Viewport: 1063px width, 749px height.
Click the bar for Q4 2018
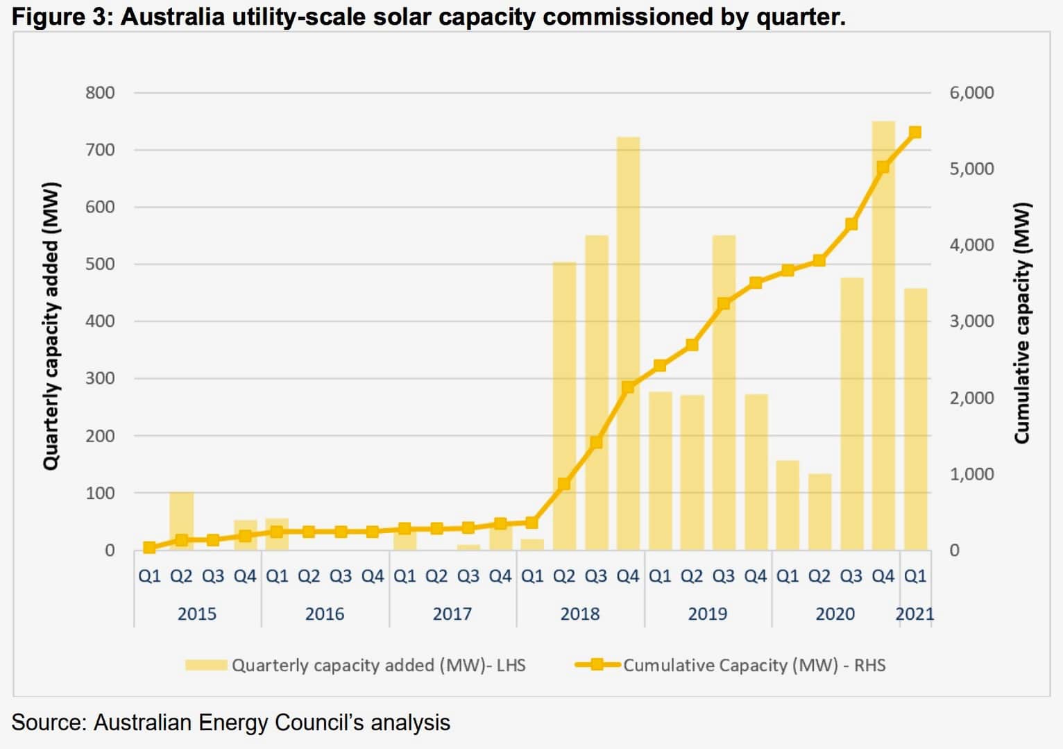(628, 344)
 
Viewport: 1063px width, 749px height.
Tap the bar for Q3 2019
(724, 393)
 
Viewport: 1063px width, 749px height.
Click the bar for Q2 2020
(819, 512)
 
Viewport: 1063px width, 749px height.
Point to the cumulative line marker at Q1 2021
(915, 132)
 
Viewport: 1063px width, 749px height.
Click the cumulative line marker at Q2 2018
(564, 484)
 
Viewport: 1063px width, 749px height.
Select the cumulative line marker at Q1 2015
(149, 548)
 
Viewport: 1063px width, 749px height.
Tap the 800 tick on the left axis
(100, 92)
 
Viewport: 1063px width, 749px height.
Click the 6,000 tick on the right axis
(971, 92)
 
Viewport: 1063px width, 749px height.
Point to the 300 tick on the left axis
(100, 378)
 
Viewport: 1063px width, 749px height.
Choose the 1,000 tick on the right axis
(971, 474)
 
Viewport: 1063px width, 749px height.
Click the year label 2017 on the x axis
(452, 614)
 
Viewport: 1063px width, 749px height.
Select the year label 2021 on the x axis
(915, 614)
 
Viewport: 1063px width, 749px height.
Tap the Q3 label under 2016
(341, 576)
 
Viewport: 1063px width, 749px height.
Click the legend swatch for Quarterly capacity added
(205, 665)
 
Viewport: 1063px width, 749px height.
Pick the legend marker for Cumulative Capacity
(597, 665)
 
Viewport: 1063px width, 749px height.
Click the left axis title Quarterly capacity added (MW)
(51, 326)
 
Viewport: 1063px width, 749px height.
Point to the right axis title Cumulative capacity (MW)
(1021, 323)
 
